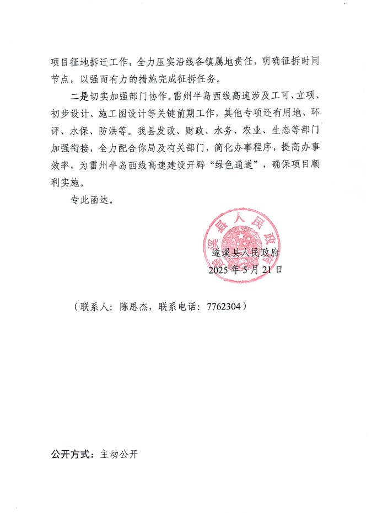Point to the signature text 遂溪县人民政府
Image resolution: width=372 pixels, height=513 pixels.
(x=247, y=254)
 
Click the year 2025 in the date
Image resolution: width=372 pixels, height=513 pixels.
(x=220, y=270)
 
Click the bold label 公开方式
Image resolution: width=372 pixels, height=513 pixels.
(x=72, y=455)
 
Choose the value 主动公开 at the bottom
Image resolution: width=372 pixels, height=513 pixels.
(x=119, y=455)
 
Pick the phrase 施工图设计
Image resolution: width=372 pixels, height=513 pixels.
(x=125, y=115)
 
